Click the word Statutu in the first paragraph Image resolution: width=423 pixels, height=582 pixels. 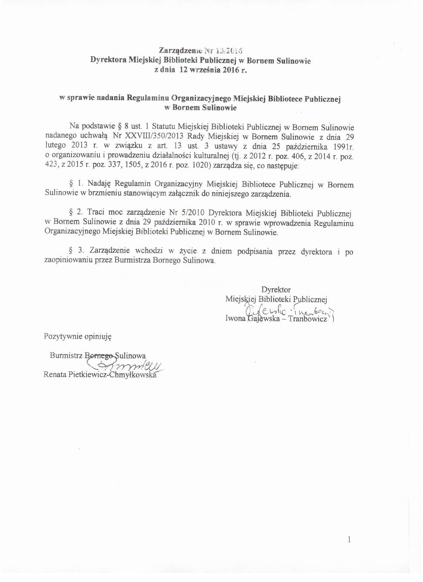click(164, 127)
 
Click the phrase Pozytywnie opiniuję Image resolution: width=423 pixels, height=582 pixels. click(78, 336)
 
